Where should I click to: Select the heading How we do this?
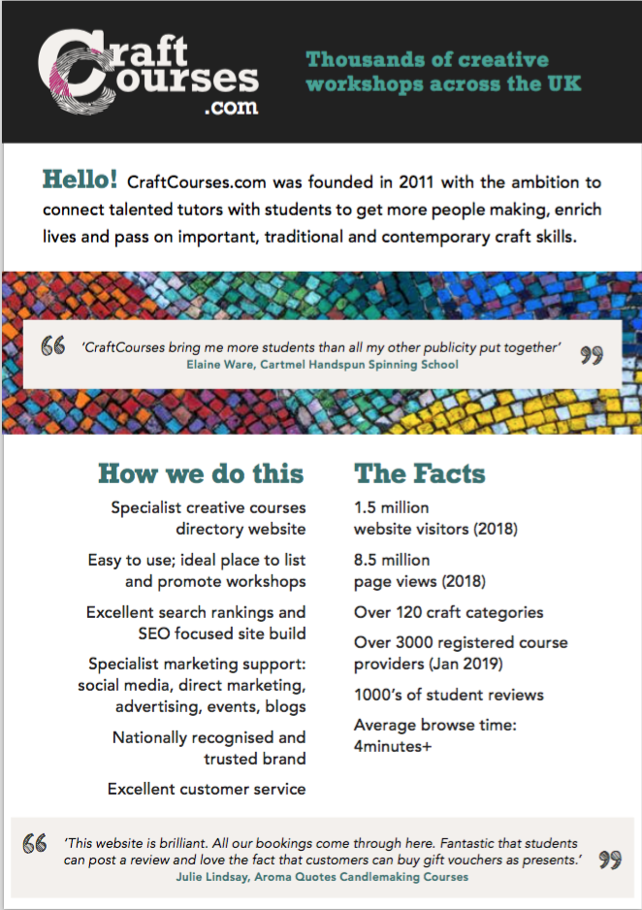[x=201, y=473]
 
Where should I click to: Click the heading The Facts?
[x=420, y=473]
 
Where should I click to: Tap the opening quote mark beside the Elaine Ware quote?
[x=53, y=346]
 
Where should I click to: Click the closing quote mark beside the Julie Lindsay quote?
[x=610, y=861]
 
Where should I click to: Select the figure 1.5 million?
[x=392, y=506]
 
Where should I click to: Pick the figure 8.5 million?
[x=392, y=560]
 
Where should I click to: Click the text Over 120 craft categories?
[x=448, y=612]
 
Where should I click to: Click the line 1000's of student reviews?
[x=449, y=695]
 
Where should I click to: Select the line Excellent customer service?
[x=207, y=789]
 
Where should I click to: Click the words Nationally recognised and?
[x=209, y=737]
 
